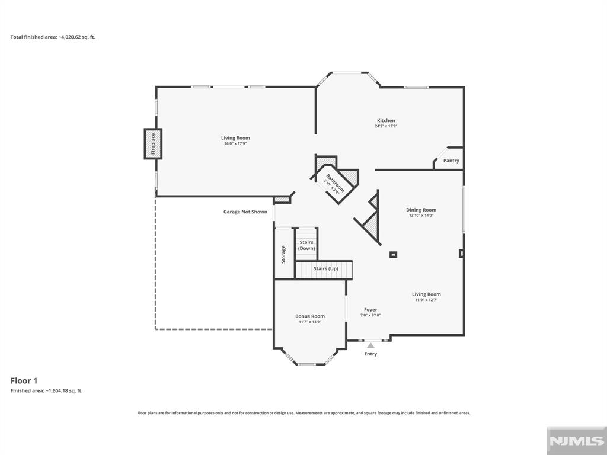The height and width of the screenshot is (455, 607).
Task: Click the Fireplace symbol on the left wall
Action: [153, 144]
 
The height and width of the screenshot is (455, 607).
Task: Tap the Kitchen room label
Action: [386, 121]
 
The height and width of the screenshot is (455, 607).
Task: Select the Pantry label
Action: [451, 161]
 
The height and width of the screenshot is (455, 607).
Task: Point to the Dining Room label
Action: [421, 210]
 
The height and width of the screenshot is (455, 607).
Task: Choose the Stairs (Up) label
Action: [325, 269]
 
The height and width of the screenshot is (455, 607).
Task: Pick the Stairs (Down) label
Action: [306, 245]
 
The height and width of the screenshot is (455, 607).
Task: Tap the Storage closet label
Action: [283, 254]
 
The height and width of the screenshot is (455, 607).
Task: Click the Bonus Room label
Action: [310, 316]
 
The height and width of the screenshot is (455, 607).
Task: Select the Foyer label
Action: [370, 310]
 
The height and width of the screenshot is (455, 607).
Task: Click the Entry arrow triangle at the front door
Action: [370, 345]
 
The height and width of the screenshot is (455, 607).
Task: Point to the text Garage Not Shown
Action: [245, 212]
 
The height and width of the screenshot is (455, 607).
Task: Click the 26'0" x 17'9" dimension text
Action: [235, 144]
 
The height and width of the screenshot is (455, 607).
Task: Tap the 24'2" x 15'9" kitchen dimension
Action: [386, 126]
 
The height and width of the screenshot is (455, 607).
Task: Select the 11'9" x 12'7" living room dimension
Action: [426, 300]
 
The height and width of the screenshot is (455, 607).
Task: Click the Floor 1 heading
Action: [24, 381]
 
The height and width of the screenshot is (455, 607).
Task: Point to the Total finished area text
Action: [53, 37]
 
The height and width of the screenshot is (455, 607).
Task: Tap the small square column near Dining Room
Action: [393, 255]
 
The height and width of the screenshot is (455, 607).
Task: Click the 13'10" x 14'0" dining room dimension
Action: [421, 216]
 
